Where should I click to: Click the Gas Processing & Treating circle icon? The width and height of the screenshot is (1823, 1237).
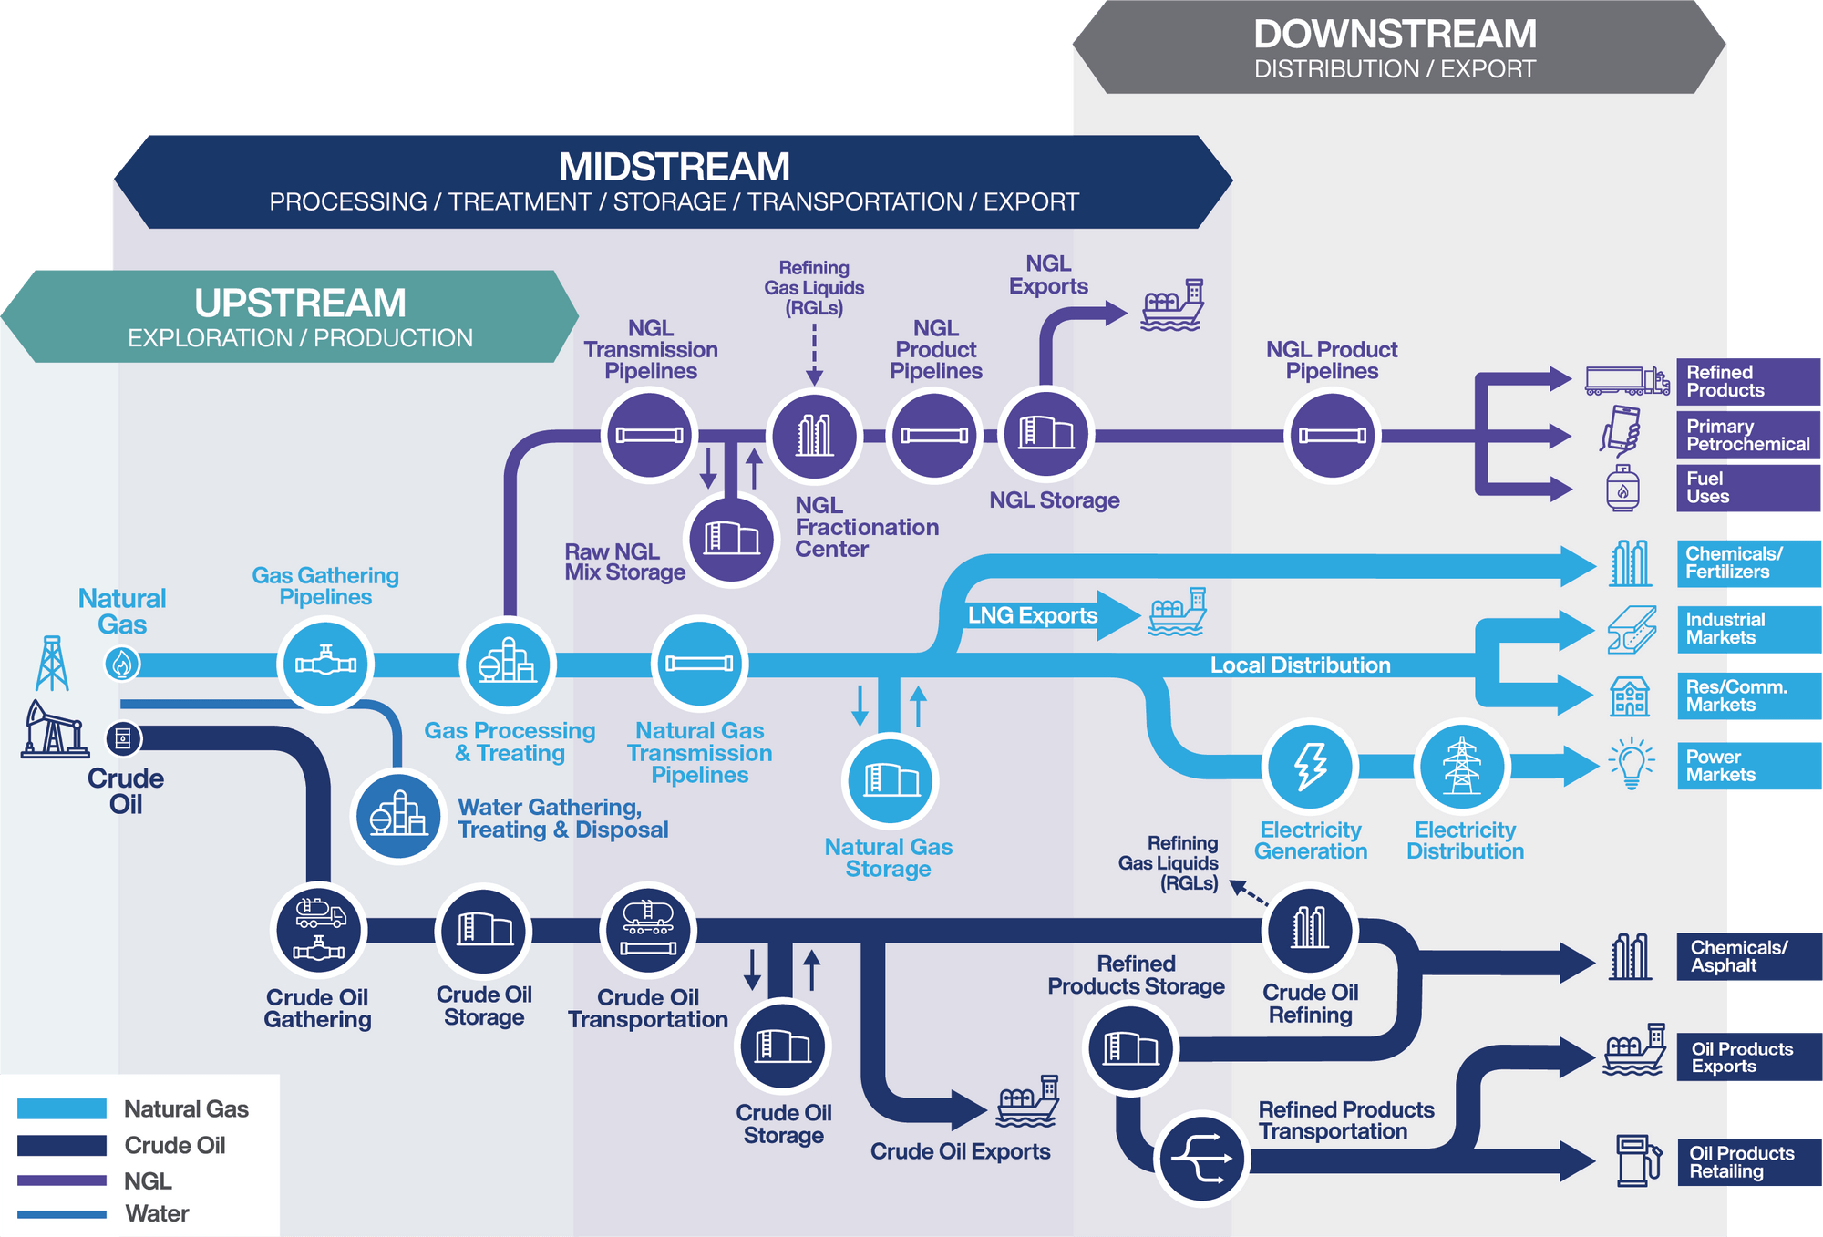pyautogui.click(x=508, y=664)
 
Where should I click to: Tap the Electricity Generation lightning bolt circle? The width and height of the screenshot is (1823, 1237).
pyautogui.click(x=1311, y=767)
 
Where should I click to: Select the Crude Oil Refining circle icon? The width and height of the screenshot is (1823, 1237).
pyautogui.click(x=1310, y=930)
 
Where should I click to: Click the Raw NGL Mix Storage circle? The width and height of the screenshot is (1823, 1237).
pyautogui.click(x=731, y=539)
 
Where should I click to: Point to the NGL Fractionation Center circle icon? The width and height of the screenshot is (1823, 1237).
pyautogui.click(x=814, y=436)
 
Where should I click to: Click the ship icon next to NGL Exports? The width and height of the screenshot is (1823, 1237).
pyautogui.click(x=1173, y=305)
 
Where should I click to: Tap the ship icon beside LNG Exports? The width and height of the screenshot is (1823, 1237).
pyautogui.click(x=1178, y=612)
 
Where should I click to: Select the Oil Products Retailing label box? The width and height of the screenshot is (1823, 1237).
pyautogui.click(x=1748, y=1162)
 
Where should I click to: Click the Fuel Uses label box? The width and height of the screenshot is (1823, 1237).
pyautogui.click(x=1747, y=488)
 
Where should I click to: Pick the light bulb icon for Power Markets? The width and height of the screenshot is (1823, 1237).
pyautogui.click(x=1631, y=764)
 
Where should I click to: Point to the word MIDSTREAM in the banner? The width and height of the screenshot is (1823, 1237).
pyautogui.click(x=674, y=167)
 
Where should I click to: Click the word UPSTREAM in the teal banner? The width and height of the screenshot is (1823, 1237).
pyautogui.click(x=300, y=303)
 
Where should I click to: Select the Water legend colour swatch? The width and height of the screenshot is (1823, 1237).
pyautogui.click(x=62, y=1214)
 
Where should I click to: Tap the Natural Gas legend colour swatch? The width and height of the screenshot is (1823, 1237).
pyautogui.click(x=62, y=1109)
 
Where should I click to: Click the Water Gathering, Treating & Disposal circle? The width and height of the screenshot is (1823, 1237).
pyautogui.click(x=398, y=815)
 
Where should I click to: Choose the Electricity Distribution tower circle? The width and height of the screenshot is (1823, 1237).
pyautogui.click(x=1462, y=767)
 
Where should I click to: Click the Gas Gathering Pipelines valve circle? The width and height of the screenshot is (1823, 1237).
pyautogui.click(x=325, y=664)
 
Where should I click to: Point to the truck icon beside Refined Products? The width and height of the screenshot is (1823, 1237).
pyautogui.click(x=1626, y=380)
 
